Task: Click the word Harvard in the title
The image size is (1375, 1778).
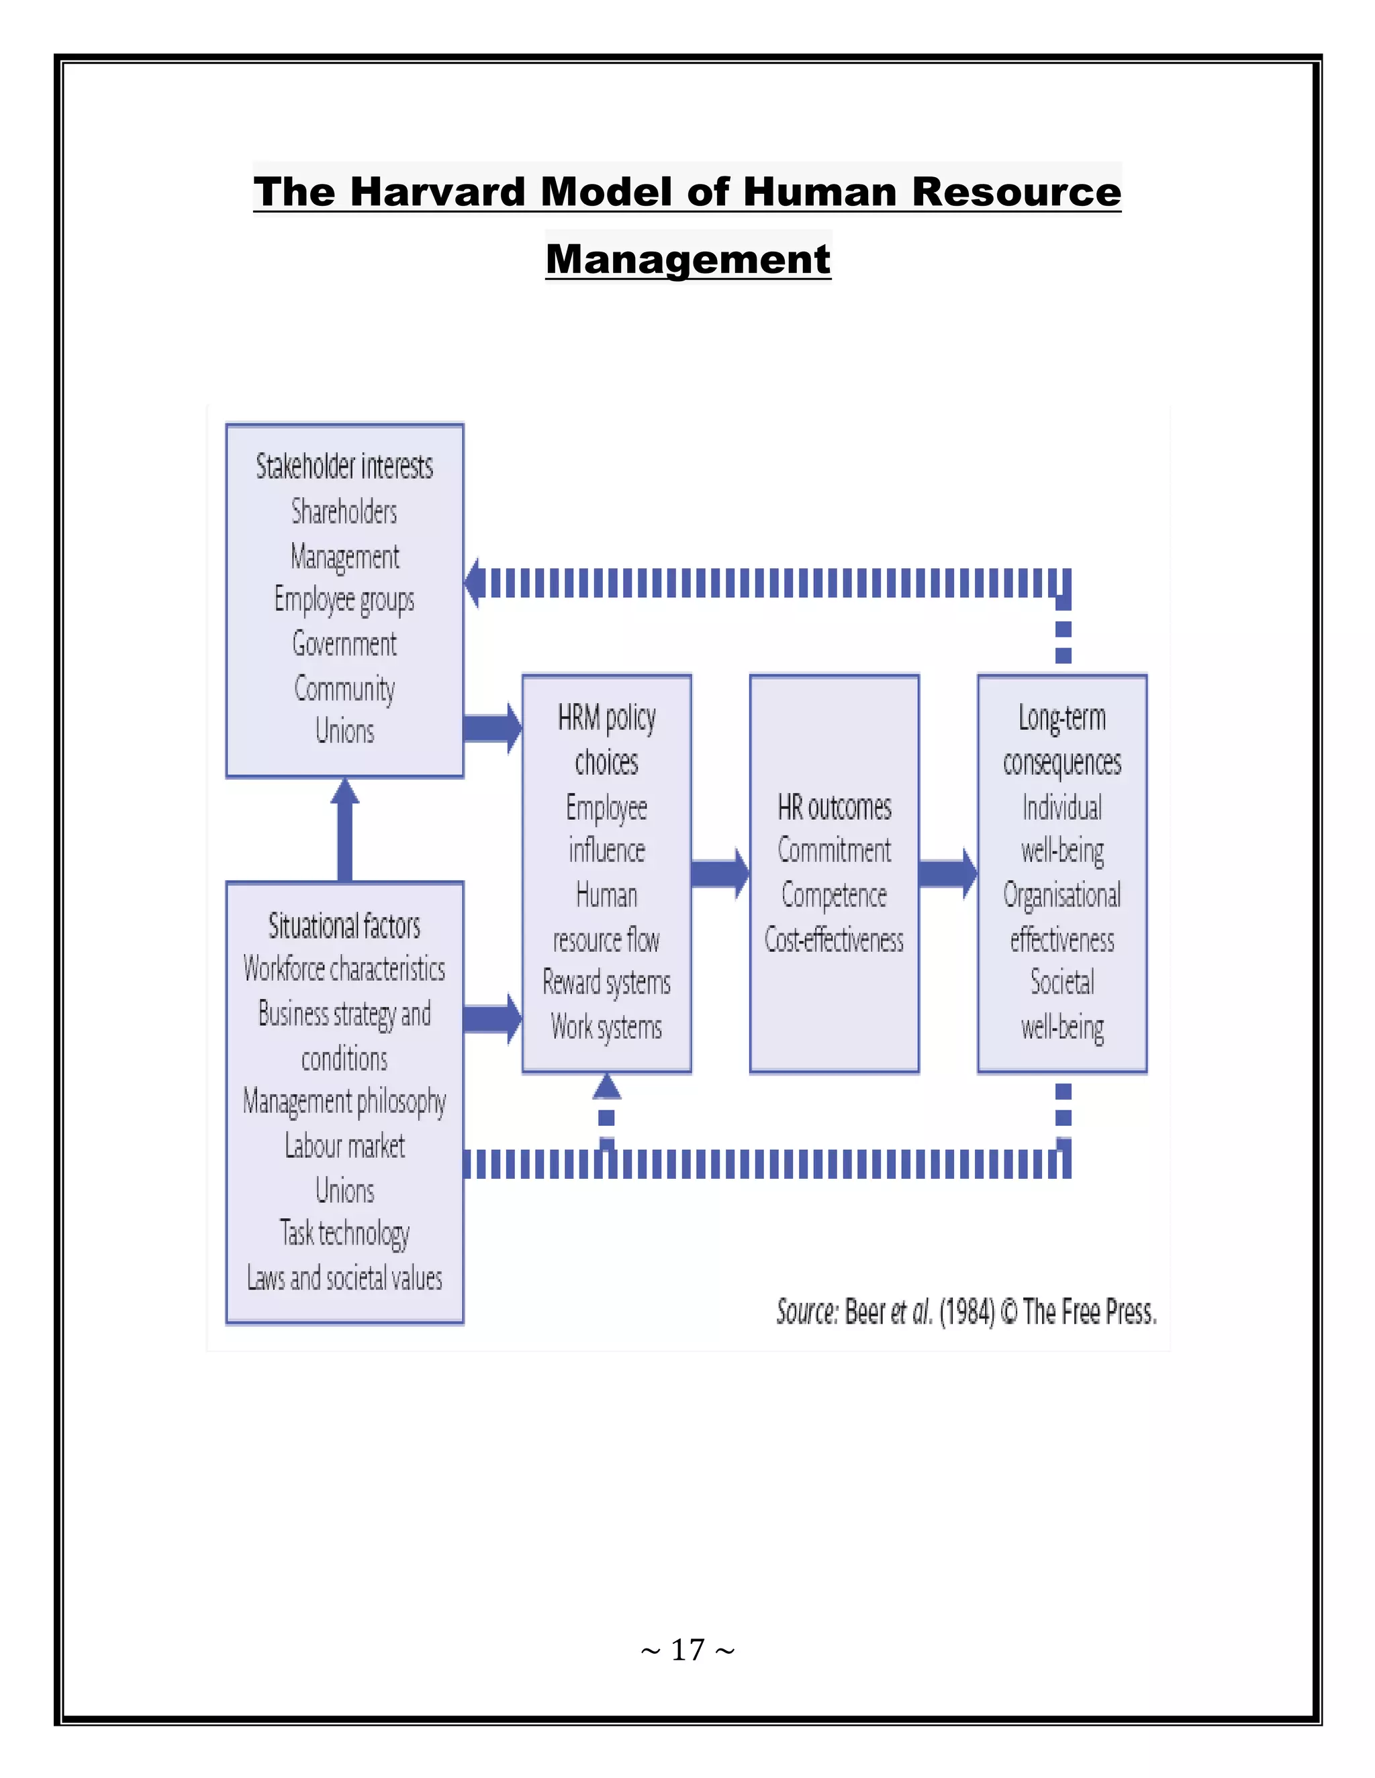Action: point(438,192)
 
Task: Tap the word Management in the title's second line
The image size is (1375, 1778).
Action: point(687,260)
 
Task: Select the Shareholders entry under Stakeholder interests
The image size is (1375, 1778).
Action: point(344,512)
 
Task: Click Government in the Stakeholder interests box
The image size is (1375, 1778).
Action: point(344,644)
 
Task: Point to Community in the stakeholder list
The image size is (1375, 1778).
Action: point(344,689)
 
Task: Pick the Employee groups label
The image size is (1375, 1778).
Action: point(344,600)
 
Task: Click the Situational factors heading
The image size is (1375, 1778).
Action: point(344,927)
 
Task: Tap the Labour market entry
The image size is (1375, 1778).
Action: point(344,1146)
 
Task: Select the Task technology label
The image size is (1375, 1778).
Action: point(344,1234)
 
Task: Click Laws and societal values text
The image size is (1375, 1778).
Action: point(344,1278)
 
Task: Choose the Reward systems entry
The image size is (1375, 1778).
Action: point(606,983)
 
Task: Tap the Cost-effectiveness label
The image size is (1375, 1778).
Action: point(834,940)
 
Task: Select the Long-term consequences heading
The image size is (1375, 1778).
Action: point(1061,739)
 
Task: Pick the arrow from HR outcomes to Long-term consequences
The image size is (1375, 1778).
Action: point(947,874)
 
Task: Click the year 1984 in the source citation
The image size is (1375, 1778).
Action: point(967,1312)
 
